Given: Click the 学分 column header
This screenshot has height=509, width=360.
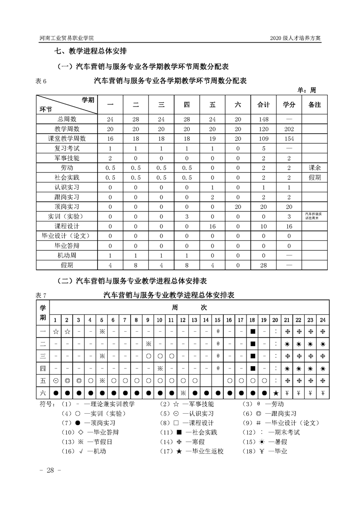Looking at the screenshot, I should point(289,105).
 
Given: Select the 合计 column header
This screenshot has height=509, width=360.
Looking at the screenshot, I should point(263,105).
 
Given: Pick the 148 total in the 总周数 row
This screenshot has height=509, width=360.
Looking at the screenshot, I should point(263,119).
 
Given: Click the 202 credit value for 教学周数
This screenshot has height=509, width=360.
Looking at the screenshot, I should point(289,129).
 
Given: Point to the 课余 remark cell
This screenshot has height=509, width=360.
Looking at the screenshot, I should point(314,167).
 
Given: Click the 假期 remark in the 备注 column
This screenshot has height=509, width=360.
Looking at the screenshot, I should point(314,177).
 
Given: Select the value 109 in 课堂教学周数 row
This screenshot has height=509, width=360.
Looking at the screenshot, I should point(263,138).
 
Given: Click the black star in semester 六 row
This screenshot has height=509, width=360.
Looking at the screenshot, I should point(276,392).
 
